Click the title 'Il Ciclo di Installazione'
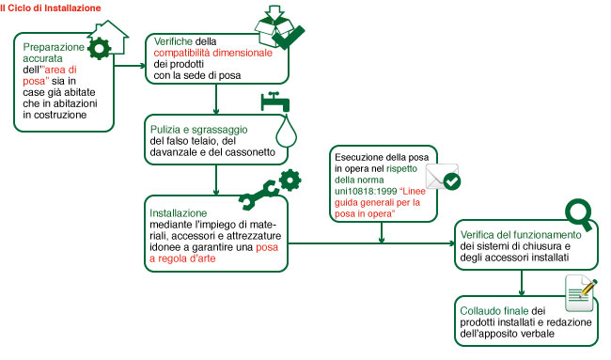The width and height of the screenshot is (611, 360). pos(51,8)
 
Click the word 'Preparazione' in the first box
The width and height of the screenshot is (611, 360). pos(54,47)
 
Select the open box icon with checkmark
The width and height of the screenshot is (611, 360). pos(279,27)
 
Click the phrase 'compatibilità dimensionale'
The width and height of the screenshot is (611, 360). pos(212,53)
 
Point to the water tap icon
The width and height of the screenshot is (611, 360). pos(275,102)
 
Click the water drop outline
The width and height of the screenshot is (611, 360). pos(287,131)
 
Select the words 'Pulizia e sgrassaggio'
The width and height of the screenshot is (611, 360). pos(198,130)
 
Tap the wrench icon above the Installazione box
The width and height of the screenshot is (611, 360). pos(258,195)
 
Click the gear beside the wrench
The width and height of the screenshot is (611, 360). pos(290,180)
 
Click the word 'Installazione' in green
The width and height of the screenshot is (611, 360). pos(178,213)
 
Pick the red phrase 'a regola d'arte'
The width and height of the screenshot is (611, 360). pos(182,258)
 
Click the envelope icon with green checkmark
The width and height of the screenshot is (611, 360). pos(443,178)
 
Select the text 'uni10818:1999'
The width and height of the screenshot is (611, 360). pos(366,192)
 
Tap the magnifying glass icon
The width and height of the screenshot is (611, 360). pos(579,214)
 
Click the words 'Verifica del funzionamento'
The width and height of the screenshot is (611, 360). pos(521,235)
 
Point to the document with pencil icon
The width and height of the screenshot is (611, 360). pos(581,293)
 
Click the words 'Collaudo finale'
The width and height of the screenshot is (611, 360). pos(494,311)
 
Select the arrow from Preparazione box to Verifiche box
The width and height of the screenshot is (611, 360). pos(130,66)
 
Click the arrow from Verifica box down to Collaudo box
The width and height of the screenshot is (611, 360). pos(522,283)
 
